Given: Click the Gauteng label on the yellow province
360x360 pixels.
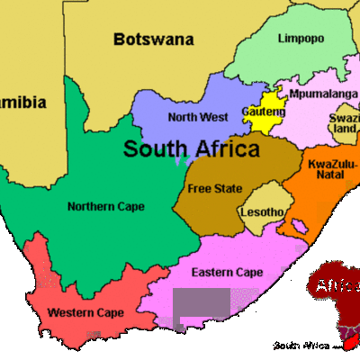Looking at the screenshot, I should (x=263, y=112).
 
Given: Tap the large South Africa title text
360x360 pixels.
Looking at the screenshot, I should (x=191, y=148).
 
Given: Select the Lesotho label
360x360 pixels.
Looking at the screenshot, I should (x=262, y=212).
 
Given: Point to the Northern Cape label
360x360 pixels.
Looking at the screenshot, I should (x=105, y=206).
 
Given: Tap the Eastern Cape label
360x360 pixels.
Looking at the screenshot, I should (x=227, y=272).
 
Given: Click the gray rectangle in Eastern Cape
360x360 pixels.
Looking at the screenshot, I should (x=202, y=308).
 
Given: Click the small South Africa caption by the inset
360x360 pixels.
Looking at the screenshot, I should (x=301, y=346).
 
